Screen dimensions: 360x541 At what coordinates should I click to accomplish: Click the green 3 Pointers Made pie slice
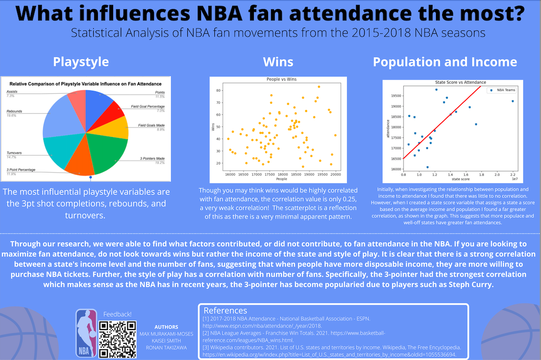coord(104,155)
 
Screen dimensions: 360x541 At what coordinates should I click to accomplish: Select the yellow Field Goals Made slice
coord(113,129)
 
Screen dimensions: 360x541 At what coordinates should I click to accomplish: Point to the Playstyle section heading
coord(81,62)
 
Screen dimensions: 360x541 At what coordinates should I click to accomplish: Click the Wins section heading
coord(278,62)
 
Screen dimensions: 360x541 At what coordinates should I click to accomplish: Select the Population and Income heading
coord(444,62)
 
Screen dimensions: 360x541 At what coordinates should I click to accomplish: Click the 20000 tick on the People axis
coord(336,175)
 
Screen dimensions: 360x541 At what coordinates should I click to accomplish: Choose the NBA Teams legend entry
coord(506,89)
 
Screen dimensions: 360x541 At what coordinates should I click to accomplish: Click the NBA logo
coord(86,333)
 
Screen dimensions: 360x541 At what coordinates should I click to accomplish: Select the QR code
coord(117,339)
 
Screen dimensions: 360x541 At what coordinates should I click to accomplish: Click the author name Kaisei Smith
coord(166,341)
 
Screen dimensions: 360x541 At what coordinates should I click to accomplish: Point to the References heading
coord(225,311)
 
